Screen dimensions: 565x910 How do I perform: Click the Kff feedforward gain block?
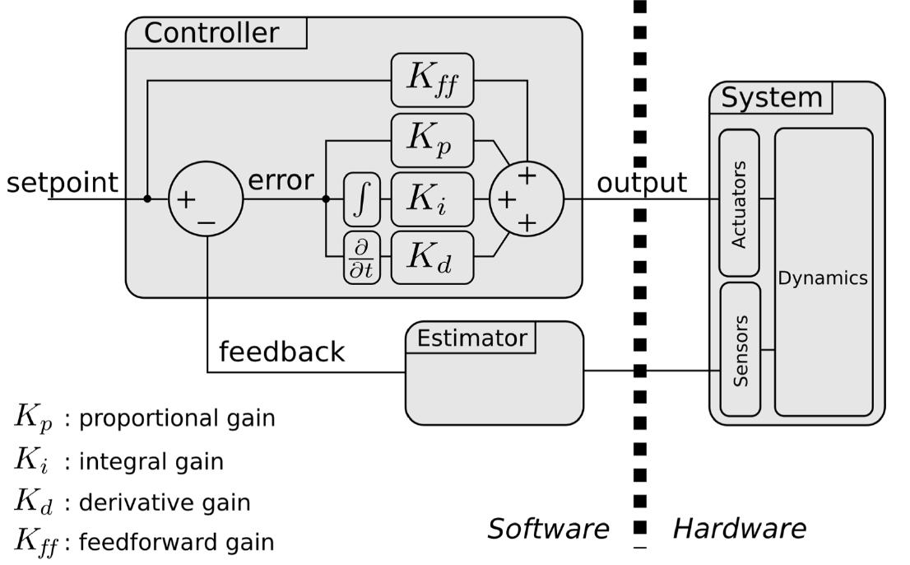pos(432,79)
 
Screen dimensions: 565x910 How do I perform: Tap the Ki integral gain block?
pos(432,198)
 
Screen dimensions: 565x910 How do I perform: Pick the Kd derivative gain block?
pos(432,258)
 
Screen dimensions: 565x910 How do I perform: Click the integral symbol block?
pos(362,198)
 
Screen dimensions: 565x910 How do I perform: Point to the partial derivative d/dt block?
pos(362,259)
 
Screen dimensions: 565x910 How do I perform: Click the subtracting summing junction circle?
pos(206,199)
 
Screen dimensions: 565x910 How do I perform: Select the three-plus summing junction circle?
pos(527,199)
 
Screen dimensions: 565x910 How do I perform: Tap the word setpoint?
pos(63,182)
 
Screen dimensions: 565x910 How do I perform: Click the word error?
pos(281,180)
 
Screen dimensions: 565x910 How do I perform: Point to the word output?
pos(642,182)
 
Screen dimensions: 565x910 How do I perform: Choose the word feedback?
pos(281,352)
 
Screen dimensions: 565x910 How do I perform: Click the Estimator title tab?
pos(471,338)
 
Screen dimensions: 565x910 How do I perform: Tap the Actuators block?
pos(739,203)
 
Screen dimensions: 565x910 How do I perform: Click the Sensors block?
pos(739,350)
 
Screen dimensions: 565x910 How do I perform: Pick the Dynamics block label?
pos(823,278)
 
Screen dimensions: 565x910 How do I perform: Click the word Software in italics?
pos(548,529)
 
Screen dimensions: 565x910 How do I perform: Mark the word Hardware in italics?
pos(739,529)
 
